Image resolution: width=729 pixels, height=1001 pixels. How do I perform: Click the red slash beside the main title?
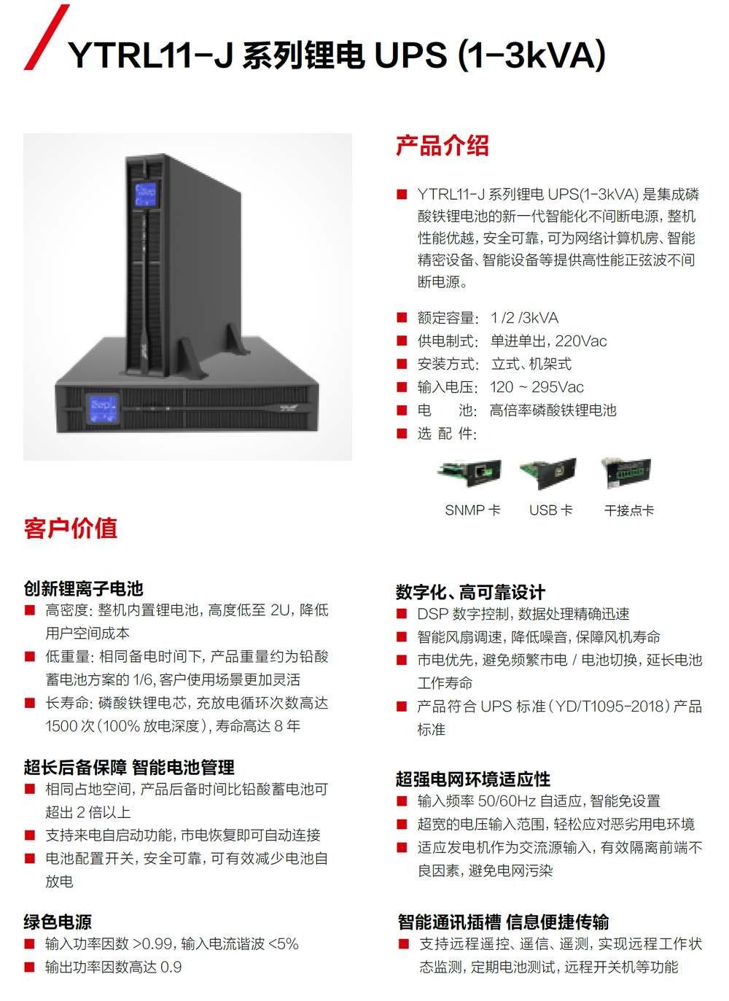(47, 37)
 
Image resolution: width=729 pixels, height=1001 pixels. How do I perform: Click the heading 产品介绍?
(442, 146)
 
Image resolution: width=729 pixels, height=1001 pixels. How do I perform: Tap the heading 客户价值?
(71, 529)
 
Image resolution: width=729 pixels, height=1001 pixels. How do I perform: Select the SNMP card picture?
(469, 472)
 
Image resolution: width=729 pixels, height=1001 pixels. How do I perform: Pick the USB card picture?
(548, 473)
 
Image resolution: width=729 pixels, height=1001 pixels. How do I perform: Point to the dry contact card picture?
(626, 472)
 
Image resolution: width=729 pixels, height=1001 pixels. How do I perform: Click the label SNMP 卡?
(472, 510)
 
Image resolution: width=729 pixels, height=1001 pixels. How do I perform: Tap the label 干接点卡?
(629, 510)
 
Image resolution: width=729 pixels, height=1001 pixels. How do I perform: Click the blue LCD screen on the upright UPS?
(146, 195)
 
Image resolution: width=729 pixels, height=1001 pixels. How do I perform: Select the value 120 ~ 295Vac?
(537, 387)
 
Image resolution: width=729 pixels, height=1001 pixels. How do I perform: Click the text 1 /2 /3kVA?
(525, 318)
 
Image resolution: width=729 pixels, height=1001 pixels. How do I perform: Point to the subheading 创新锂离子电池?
(84, 588)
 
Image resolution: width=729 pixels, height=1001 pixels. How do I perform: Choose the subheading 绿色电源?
(58, 922)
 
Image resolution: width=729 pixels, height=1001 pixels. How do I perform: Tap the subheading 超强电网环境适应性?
(473, 779)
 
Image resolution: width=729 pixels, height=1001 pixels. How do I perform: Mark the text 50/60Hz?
(507, 801)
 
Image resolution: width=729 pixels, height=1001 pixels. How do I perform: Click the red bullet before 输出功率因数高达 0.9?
(29, 967)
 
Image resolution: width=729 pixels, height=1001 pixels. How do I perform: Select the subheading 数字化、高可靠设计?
(470, 592)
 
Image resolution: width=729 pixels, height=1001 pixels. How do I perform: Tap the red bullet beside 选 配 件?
(402, 433)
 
